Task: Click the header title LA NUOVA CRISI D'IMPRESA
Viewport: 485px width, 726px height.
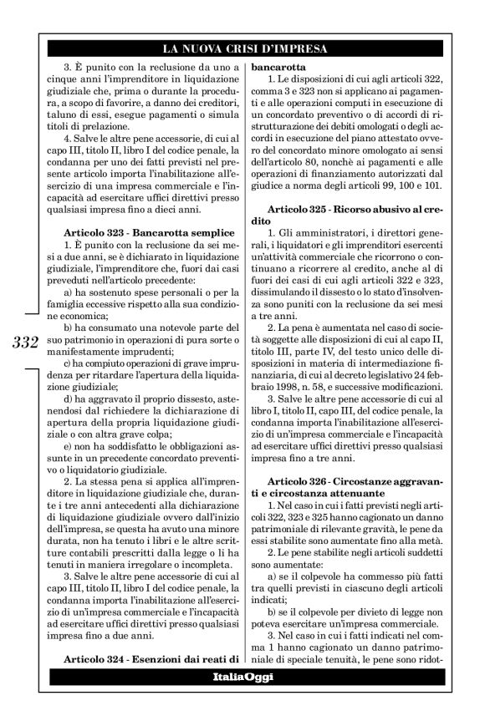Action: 244,48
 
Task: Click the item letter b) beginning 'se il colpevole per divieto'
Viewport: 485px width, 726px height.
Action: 271,615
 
